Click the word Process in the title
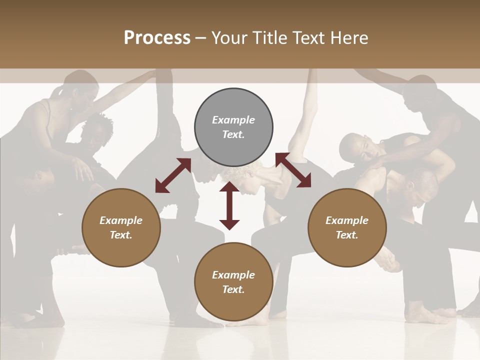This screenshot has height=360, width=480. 157,37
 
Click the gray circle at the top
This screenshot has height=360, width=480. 233,127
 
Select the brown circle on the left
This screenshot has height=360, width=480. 121,227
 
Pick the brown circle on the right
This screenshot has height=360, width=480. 347,227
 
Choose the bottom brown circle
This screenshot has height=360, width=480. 233,282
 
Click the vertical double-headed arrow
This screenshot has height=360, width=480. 229,205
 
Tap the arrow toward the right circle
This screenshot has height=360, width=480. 293,170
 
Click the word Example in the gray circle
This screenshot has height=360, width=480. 233,120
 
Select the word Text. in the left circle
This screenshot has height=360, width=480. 121,235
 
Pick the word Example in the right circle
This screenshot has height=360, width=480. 347,220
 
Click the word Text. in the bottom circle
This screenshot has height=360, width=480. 233,289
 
